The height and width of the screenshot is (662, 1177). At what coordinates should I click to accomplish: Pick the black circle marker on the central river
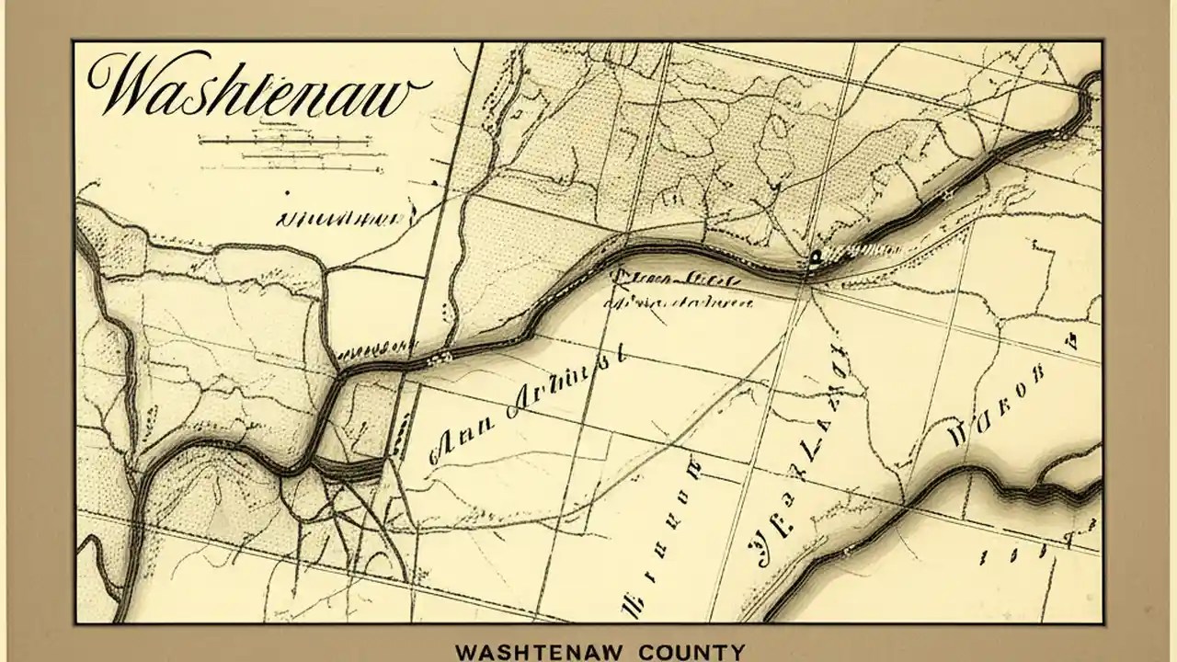[815, 257]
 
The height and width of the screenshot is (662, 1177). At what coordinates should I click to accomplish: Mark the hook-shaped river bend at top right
[1089, 87]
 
